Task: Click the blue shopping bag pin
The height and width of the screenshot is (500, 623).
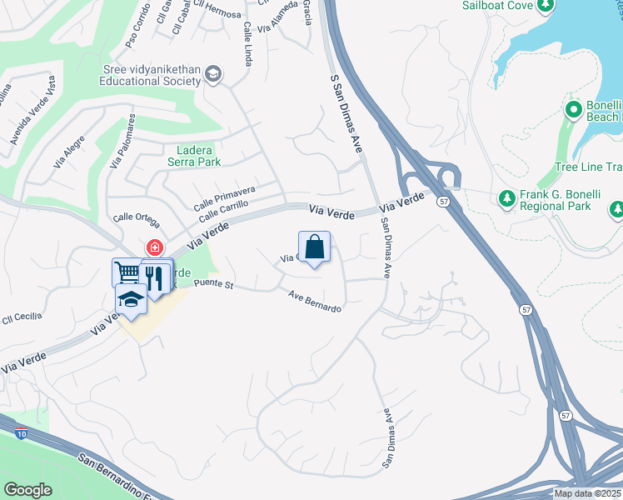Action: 314,247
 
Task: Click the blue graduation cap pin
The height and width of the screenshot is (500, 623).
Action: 131,297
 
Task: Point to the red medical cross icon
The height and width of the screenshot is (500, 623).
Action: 154,247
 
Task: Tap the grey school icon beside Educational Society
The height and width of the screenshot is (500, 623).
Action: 213,75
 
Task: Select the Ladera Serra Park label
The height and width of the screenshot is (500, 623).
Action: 198,156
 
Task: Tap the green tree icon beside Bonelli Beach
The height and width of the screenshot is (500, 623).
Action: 573,110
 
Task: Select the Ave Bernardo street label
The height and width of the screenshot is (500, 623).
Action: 315,301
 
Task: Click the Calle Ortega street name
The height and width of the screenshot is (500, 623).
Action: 136,218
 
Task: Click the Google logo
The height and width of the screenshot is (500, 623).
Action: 27,489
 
